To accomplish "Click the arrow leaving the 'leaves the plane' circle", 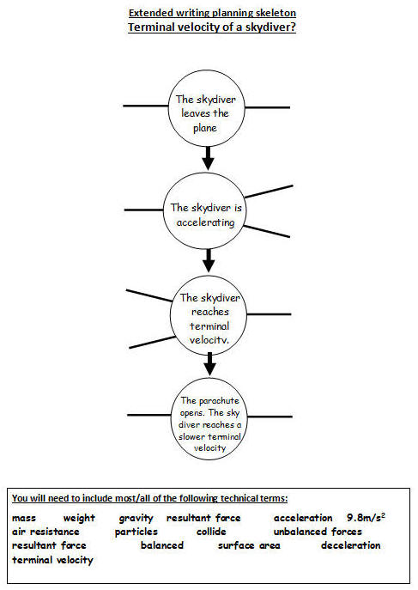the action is coord(208,158).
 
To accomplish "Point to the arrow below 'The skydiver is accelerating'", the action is coord(209,261).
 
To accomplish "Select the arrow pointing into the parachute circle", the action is coord(209,364).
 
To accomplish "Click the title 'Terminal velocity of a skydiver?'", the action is coord(212,27).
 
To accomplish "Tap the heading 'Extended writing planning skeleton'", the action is coord(212,13).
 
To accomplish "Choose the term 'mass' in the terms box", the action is coord(24,518).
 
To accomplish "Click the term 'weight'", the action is coord(79,519).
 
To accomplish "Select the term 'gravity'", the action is coord(136,519).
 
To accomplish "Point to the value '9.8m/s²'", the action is coord(366,518).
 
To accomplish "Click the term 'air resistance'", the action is coord(45,532).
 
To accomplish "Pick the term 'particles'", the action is coord(136,532).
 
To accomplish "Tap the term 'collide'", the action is coord(211,532).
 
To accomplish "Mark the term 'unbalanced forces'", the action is coord(318,532).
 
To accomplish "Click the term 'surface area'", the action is coord(249,545).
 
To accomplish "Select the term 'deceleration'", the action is coord(351,545).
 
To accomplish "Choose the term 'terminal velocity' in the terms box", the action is coord(52,560).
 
